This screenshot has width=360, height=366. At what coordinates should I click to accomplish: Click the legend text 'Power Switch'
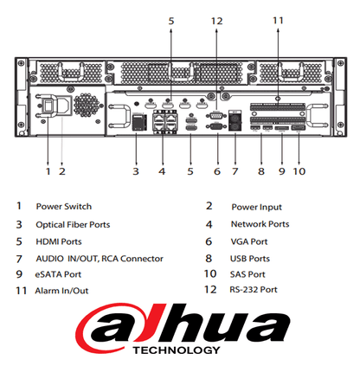[64, 207]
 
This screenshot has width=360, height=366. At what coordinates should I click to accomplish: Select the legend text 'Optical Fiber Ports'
[73, 225]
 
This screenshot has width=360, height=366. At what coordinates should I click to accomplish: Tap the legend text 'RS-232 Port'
[254, 290]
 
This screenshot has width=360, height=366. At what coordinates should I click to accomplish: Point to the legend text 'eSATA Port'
[58, 274]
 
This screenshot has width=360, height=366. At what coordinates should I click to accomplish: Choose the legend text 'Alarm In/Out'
[61, 291]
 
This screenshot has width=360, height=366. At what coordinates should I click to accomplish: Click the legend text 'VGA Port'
[249, 241]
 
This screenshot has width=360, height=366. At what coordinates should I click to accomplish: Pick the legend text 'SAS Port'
[247, 274]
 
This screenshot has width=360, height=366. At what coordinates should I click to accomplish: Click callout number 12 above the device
[216, 21]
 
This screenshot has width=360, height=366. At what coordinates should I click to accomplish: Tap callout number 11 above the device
[278, 21]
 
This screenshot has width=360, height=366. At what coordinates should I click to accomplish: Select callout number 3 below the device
[136, 171]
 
